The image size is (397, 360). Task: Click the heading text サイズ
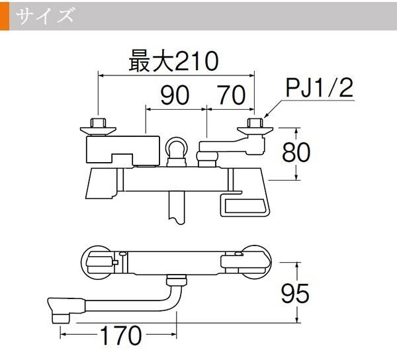(x=45, y=15)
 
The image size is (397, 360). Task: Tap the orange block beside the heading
(x=5, y=16)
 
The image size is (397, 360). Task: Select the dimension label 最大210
(x=173, y=61)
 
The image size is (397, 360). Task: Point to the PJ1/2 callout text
(x=320, y=87)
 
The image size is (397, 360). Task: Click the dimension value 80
(x=296, y=152)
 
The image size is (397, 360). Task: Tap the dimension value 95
(x=295, y=294)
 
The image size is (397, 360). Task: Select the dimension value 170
(x=121, y=336)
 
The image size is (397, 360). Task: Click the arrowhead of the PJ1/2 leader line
(x=265, y=116)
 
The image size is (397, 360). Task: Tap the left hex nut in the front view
(x=98, y=123)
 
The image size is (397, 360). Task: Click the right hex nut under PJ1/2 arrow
(x=255, y=123)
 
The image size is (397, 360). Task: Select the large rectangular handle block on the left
(x=123, y=150)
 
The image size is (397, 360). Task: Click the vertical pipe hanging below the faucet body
(x=177, y=208)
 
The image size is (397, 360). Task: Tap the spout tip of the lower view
(x=60, y=318)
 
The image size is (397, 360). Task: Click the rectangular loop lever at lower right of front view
(x=245, y=204)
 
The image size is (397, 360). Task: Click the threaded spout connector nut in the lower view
(x=177, y=281)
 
